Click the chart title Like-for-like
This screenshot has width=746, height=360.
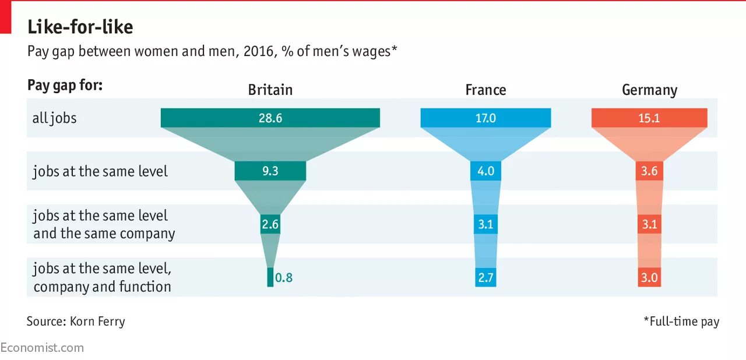point(80,27)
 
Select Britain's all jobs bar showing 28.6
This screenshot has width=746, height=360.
point(270,118)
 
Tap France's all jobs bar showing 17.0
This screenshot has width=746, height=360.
point(485,118)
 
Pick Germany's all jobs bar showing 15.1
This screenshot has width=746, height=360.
point(649,118)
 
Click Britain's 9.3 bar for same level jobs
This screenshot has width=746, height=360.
point(270,171)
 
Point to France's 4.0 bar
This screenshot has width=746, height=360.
point(485,171)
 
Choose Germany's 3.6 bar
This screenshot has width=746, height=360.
point(649,171)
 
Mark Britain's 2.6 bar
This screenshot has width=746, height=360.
point(270,224)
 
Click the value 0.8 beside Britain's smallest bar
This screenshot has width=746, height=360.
point(284,278)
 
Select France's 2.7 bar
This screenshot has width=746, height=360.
point(485,278)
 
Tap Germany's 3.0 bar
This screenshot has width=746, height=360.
point(649,278)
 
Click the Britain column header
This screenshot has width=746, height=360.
point(270,90)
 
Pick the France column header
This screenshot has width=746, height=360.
point(485,90)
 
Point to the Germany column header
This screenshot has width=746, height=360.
point(649,90)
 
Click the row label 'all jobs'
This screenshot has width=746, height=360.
point(54,118)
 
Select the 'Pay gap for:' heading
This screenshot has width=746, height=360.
point(65,86)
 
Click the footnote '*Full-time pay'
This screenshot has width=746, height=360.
point(681,321)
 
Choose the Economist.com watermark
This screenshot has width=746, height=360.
point(42,348)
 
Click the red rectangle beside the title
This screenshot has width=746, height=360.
point(6,17)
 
